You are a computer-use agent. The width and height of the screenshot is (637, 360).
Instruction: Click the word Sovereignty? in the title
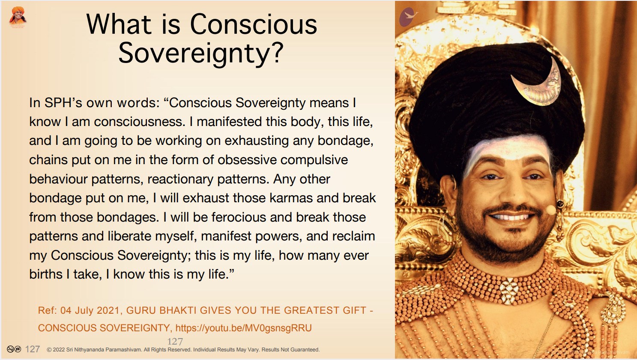pyautogui.click(x=201, y=54)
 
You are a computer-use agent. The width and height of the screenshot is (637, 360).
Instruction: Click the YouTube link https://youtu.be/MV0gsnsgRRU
pyautogui.click(x=243, y=328)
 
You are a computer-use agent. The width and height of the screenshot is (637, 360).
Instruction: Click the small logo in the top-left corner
pyautogui.click(x=18, y=18)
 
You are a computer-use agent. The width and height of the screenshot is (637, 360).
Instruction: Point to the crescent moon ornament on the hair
pyautogui.click(x=538, y=85)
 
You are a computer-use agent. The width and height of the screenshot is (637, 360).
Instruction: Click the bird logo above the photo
pyautogui.click(x=408, y=17)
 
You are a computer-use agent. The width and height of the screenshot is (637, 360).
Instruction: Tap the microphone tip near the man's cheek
pyautogui.click(x=551, y=210)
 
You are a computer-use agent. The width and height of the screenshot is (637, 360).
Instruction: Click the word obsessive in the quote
pyautogui.click(x=247, y=160)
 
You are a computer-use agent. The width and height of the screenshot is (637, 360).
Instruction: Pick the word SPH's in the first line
pyautogui.click(x=63, y=103)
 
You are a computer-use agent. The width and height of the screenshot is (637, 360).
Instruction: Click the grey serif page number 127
pyautogui.click(x=175, y=342)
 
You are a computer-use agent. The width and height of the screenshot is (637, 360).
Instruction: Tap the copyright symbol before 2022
pyautogui.click(x=49, y=350)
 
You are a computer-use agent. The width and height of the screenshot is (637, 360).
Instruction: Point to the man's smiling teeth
pyautogui.click(x=511, y=218)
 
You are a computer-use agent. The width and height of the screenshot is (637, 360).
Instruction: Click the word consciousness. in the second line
pyautogui.click(x=140, y=122)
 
